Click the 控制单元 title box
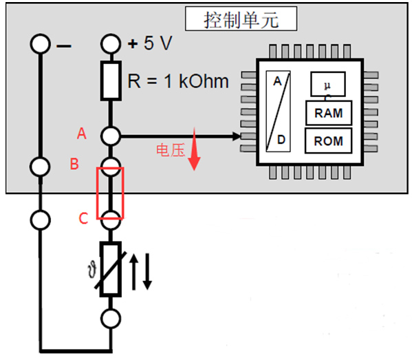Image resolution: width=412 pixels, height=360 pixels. point(241,19)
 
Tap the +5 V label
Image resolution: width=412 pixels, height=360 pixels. point(150,43)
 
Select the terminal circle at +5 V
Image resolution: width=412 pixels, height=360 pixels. point(111,44)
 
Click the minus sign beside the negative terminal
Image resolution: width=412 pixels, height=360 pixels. point(64,46)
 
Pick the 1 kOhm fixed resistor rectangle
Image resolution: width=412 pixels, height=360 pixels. point(111,81)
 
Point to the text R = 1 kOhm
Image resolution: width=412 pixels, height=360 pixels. point(178,81)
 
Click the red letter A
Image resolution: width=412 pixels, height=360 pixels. point(81,134)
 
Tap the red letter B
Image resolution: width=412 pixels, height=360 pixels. point(74,164)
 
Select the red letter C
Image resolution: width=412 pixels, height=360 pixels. point(83,218)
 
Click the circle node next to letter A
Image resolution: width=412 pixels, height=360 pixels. point(111,136)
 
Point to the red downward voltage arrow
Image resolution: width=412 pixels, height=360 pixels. point(195,149)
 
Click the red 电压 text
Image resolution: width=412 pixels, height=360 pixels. point(171,151)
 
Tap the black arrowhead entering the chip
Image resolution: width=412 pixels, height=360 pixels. point(237,136)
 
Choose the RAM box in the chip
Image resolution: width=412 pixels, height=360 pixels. point(329,113)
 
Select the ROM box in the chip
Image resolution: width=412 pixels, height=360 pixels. point(329,141)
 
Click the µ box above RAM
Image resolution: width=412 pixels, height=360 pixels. point(328,84)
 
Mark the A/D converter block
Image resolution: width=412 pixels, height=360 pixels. point(278,112)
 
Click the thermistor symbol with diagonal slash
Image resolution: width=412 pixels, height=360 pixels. point(111,269)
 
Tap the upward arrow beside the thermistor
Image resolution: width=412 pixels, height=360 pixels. point(133,272)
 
